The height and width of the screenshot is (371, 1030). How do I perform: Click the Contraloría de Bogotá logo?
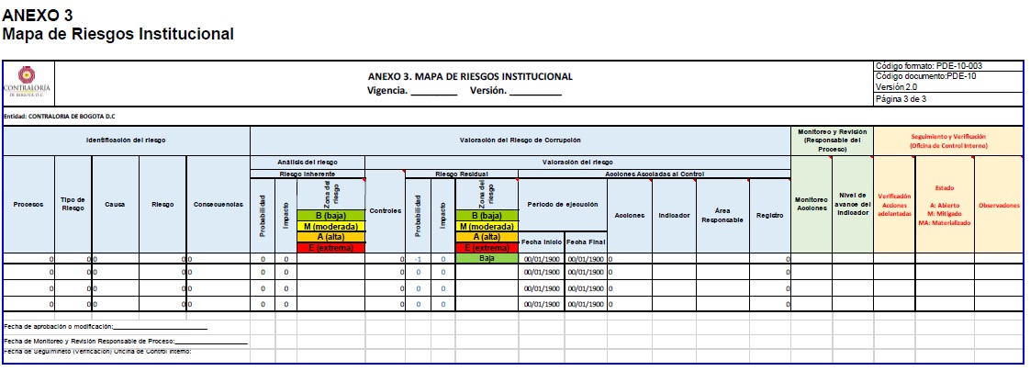[28, 80]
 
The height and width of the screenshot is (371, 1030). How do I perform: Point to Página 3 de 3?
[901, 98]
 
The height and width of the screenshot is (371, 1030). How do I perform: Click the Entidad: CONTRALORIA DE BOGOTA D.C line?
[60, 117]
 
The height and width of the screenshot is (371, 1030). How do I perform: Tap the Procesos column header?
[28, 204]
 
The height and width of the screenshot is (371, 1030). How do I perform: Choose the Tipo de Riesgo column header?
[73, 204]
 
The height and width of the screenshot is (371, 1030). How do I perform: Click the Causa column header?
[115, 204]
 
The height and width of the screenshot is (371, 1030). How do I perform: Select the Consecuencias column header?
[218, 204]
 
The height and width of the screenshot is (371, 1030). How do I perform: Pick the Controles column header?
[385, 210]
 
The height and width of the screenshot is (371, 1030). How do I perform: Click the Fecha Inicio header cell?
[542, 242]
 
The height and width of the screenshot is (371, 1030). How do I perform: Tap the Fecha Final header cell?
[585, 242]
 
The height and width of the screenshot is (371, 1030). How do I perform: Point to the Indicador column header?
[674, 215]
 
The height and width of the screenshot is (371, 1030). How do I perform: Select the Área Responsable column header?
[722, 215]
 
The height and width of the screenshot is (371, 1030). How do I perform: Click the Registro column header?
[769, 215]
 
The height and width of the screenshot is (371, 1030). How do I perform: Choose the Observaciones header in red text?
[999, 205]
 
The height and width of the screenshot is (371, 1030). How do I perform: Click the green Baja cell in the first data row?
[487, 259]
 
